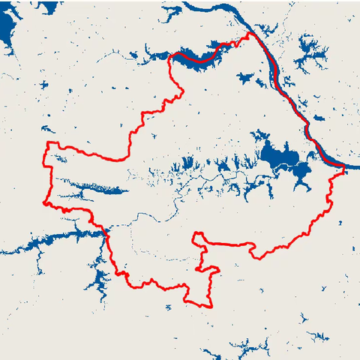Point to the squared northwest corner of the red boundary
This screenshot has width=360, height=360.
point(49,142)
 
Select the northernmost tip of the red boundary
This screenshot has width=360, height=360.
point(249,33)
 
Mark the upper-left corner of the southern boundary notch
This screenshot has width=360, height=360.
point(195,235)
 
